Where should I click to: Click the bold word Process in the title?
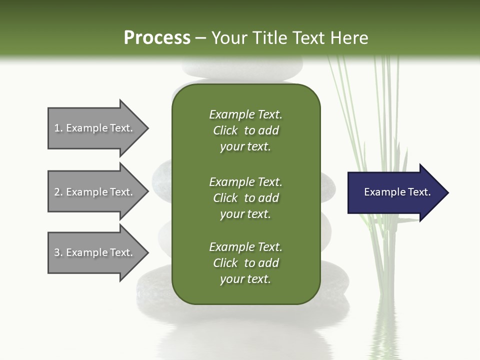(157, 38)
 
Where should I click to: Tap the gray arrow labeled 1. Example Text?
(95, 128)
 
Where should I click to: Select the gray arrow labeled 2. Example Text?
(95, 192)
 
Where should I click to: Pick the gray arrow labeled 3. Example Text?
(95, 252)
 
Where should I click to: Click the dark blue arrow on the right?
(395, 192)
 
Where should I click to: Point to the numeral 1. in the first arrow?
(58, 128)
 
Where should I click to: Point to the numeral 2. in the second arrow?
(58, 192)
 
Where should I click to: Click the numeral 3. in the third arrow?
(58, 252)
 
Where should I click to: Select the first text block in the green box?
(245, 130)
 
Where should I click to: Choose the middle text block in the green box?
(245, 197)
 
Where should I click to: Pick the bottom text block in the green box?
(245, 263)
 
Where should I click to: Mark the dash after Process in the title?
(201, 38)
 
